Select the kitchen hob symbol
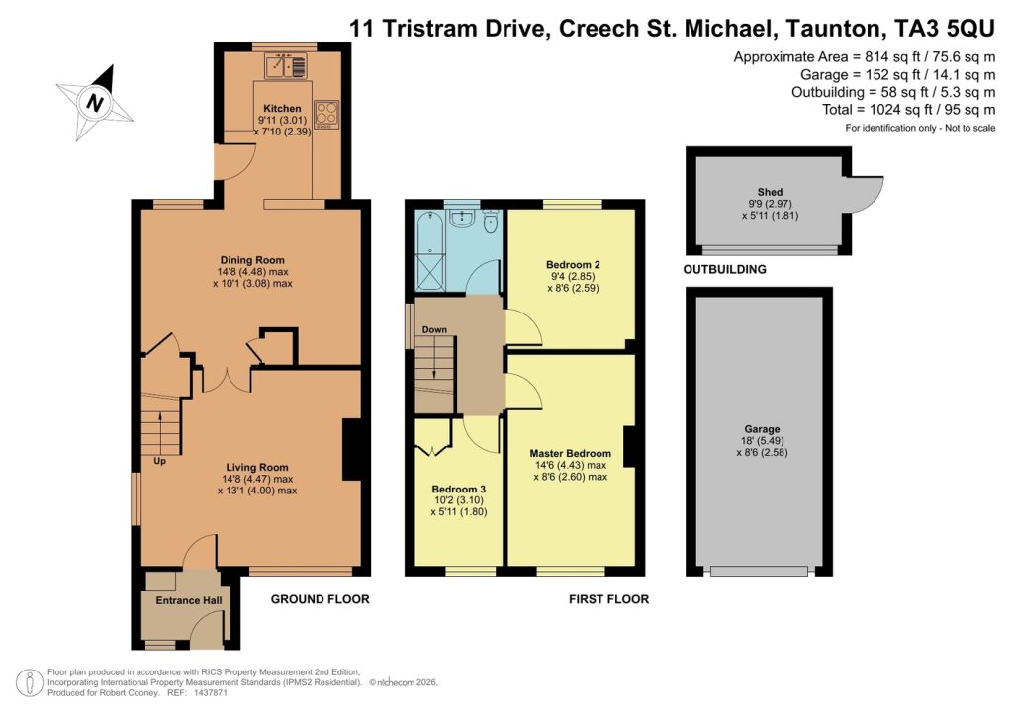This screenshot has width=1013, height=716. click(326, 114)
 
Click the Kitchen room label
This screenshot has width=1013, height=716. click(281, 108)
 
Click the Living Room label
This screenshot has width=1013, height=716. click(256, 468)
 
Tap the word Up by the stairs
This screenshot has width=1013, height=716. click(159, 461)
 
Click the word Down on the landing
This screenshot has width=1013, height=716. click(435, 329)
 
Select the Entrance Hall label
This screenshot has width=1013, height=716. click(181, 600)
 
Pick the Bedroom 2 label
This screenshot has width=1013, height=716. click(573, 265)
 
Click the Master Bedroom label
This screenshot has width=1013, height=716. click(569, 454)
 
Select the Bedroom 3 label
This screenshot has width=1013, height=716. click(459, 489)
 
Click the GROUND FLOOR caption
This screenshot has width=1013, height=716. click(320, 599)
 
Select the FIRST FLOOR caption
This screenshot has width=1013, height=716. click(608, 599)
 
